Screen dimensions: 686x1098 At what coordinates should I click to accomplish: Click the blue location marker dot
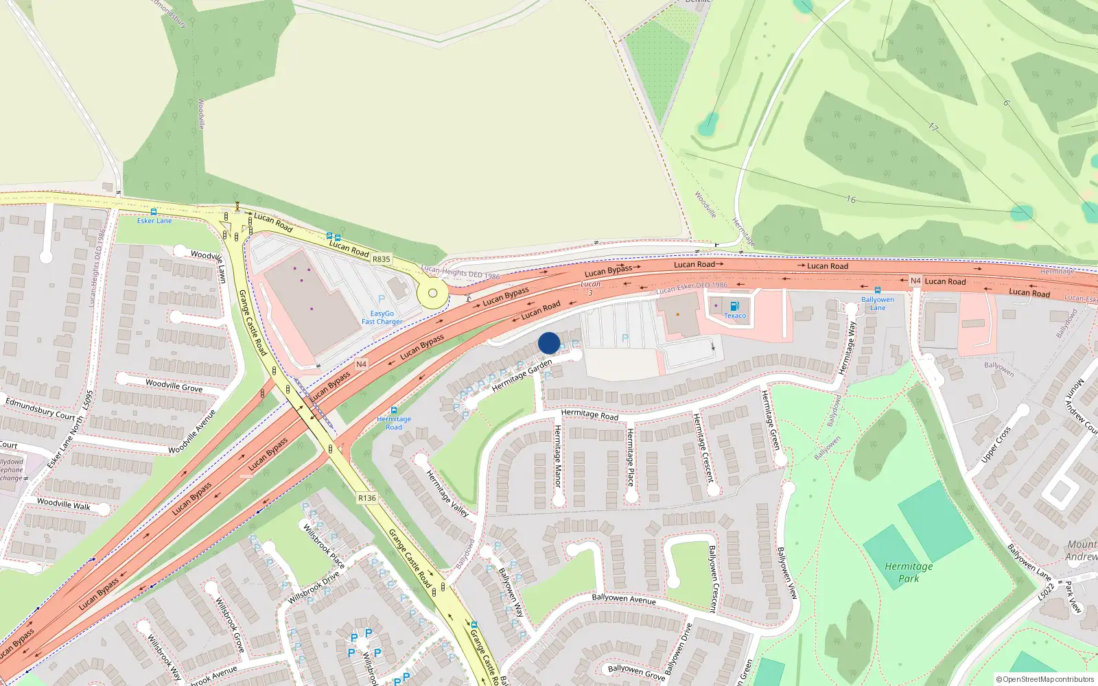[549, 343]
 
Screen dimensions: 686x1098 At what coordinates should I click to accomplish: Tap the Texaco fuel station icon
[734, 306]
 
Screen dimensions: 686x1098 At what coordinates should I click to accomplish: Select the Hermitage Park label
[909, 572]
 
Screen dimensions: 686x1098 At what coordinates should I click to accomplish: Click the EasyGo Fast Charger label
[382, 318]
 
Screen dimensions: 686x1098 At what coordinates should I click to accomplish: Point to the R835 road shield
[381, 259]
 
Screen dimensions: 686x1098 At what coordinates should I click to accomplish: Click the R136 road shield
[367, 498]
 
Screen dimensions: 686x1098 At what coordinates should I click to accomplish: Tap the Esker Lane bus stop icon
[154, 212]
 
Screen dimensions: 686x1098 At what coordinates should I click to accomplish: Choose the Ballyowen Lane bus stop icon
[878, 290]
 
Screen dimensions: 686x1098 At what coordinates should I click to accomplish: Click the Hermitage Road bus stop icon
[394, 410]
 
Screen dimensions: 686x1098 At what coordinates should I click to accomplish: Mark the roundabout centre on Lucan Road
[432, 294]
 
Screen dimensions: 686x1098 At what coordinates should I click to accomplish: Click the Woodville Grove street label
[174, 386]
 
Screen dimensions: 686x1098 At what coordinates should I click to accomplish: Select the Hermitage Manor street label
[558, 456]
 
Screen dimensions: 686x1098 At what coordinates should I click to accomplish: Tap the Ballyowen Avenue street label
[624, 599]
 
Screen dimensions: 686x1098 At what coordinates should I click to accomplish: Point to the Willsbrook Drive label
[314, 588]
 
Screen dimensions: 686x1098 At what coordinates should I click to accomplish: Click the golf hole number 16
[851, 200]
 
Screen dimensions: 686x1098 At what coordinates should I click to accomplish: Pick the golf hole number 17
[933, 127]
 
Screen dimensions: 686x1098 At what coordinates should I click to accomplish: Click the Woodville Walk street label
[63, 504]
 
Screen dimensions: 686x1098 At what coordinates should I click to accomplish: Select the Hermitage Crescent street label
[703, 448]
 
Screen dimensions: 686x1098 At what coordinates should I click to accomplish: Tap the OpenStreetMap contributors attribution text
[1044, 679]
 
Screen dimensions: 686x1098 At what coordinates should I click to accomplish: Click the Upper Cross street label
[996, 445]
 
